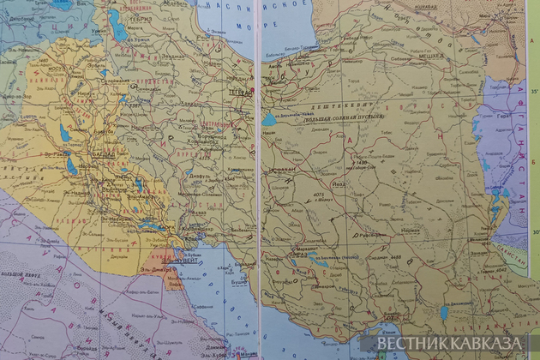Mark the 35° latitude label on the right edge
tap(532, 88)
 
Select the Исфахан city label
tap(279, 171)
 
